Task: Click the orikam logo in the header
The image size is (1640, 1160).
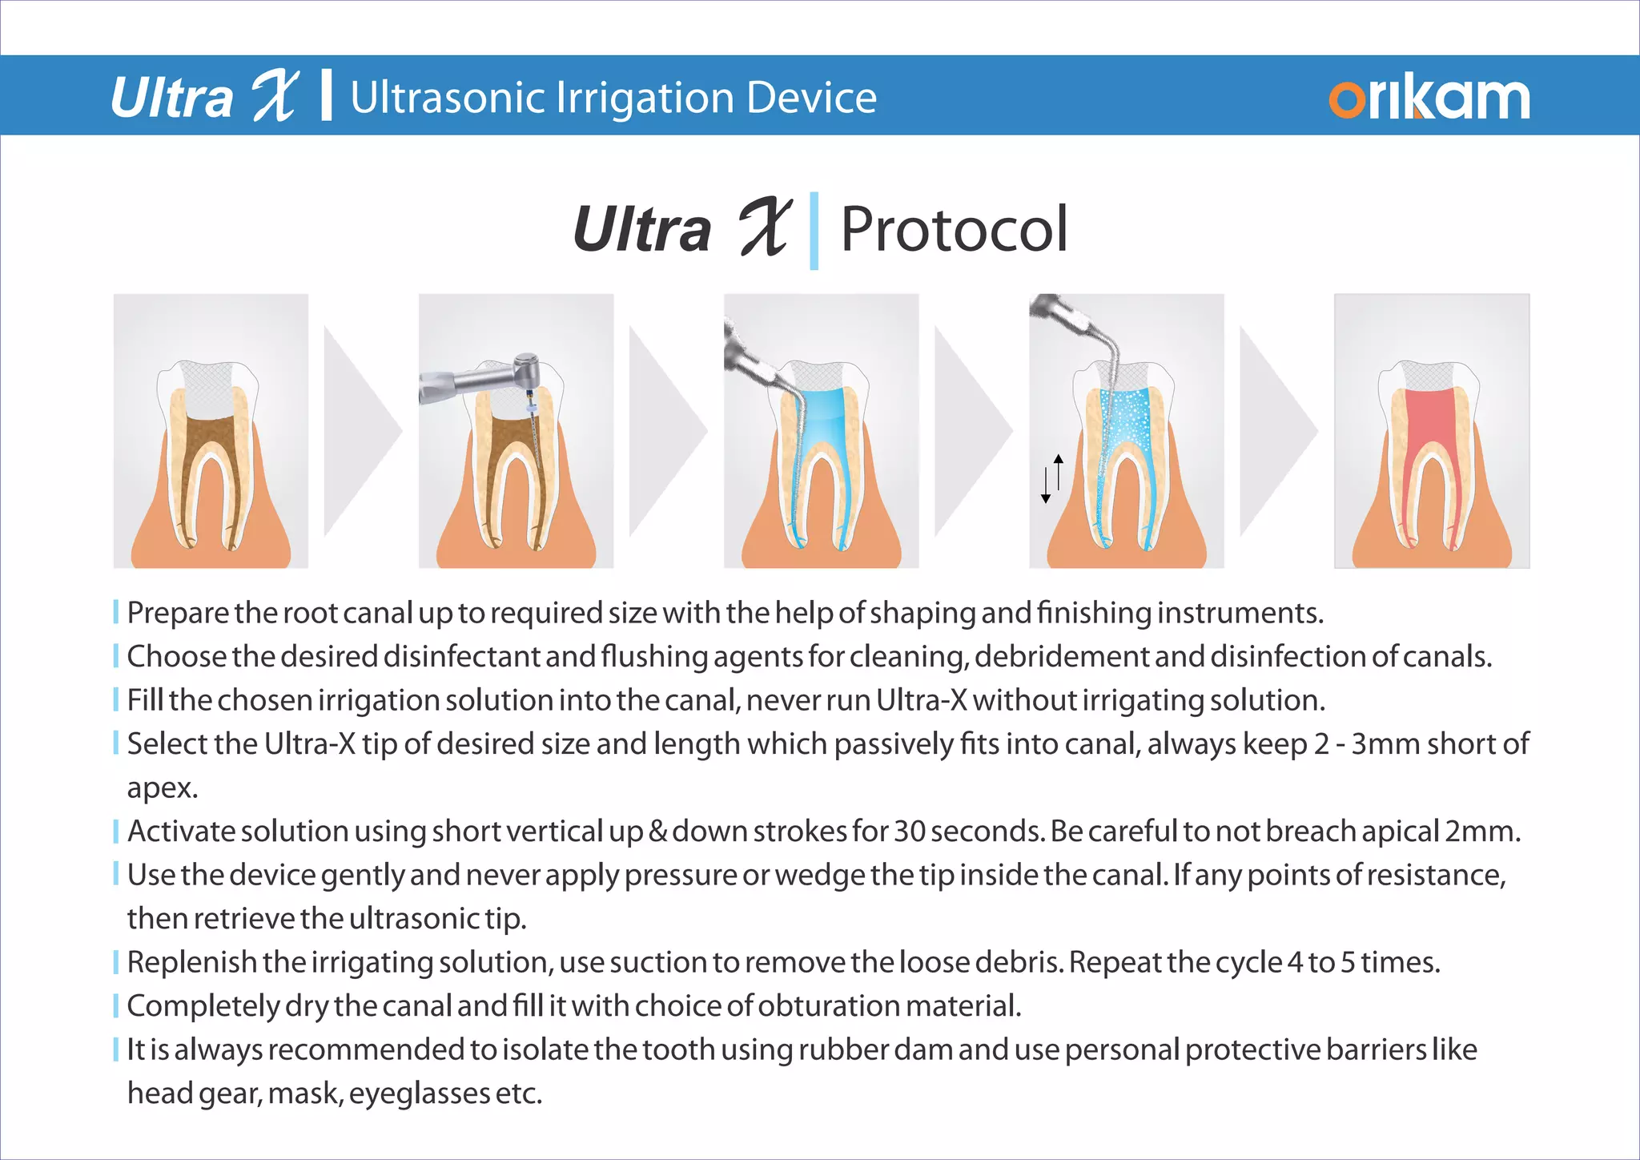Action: pos(1429,99)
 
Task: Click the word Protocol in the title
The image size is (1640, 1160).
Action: pos(954,230)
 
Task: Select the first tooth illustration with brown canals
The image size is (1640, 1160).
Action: pos(211,431)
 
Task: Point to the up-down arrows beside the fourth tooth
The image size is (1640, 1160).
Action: pos(1051,478)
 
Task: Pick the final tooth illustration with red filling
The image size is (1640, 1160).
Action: pos(1432,431)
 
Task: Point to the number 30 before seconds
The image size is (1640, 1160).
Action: pos(910,832)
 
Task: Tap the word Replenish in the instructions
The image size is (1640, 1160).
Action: pos(191,962)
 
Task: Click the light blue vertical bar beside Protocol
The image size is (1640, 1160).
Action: pos(814,231)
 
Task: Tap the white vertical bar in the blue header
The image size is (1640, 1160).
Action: pos(326,95)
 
